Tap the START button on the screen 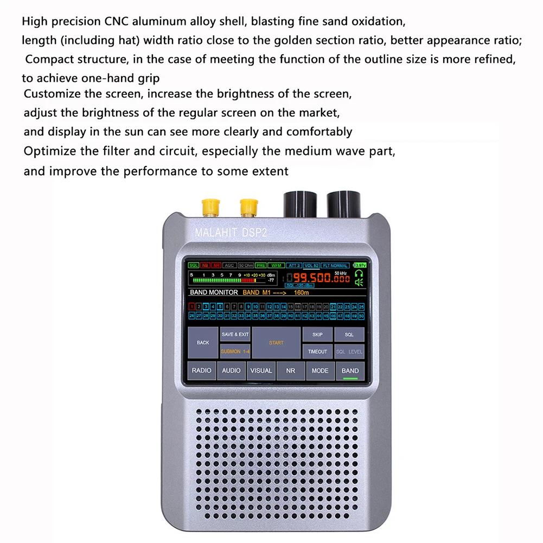(x=276, y=342)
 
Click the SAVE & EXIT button (x=235, y=335)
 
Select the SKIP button (x=317, y=335)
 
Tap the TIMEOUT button (x=317, y=352)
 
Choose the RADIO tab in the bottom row (x=202, y=370)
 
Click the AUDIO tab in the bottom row (x=232, y=370)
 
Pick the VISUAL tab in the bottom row (x=261, y=370)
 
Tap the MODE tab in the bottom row (x=320, y=370)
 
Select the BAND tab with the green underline (x=350, y=371)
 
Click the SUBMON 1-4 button (x=235, y=352)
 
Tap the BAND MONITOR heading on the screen (x=214, y=292)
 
